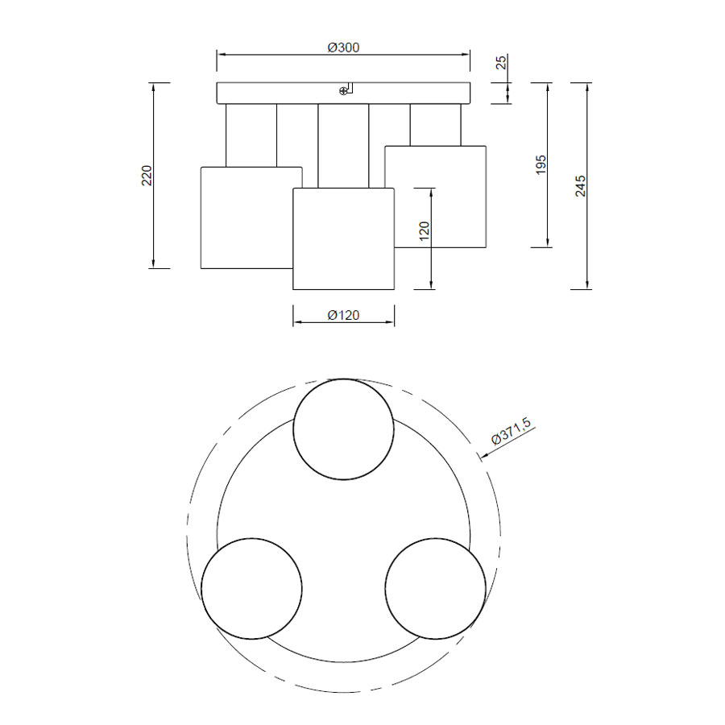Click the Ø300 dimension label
[x=343, y=48]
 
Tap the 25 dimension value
[x=501, y=62]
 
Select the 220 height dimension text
[x=147, y=176]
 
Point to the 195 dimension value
[x=541, y=165]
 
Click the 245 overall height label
[x=580, y=186]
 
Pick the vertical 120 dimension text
[x=424, y=231]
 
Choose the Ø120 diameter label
[x=343, y=315]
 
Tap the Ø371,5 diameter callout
[x=511, y=430]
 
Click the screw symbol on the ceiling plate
[x=343, y=91]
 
